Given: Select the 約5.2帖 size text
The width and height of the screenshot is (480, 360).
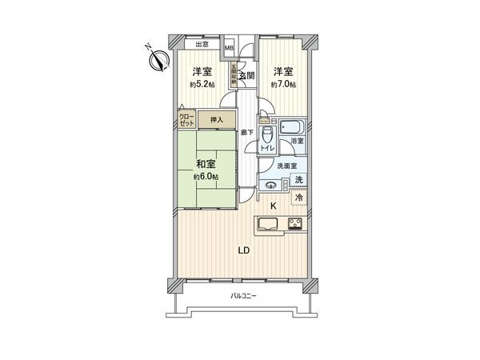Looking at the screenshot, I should (201, 83).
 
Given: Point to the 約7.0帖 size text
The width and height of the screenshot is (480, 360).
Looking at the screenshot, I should (282, 83).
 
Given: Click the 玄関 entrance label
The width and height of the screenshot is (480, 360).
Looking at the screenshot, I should (246, 75).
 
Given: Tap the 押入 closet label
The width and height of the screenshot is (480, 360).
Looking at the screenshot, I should (216, 120).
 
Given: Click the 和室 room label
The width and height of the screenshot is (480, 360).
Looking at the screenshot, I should (205, 163).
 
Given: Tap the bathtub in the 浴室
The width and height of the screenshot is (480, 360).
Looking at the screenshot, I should (291, 127).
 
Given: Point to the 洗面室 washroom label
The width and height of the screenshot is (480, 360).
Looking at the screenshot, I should (286, 166).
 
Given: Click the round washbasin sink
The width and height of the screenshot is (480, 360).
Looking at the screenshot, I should (272, 186).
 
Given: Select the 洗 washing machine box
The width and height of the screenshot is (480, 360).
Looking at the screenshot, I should (298, 180).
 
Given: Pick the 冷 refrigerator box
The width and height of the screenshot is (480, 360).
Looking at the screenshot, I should (298, 197).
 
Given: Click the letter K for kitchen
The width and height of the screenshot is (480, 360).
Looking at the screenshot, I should (273, 206).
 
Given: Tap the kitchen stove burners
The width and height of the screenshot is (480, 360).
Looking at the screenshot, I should (294, 223).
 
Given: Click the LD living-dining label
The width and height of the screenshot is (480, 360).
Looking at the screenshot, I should (245, 250).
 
